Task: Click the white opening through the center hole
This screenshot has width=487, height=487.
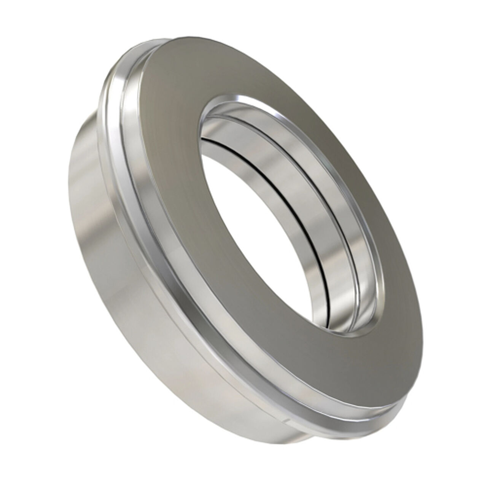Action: pos(243,213)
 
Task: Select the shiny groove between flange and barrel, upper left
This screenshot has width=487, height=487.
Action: pos(122,95)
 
